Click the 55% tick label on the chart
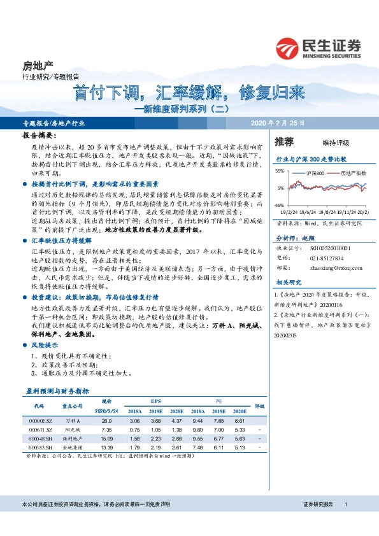tap(280, 171)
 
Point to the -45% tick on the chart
tap(280, 205)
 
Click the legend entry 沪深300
tap(315, 173)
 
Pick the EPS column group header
tap(155, 402)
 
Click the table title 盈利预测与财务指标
tap(57, 391)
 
